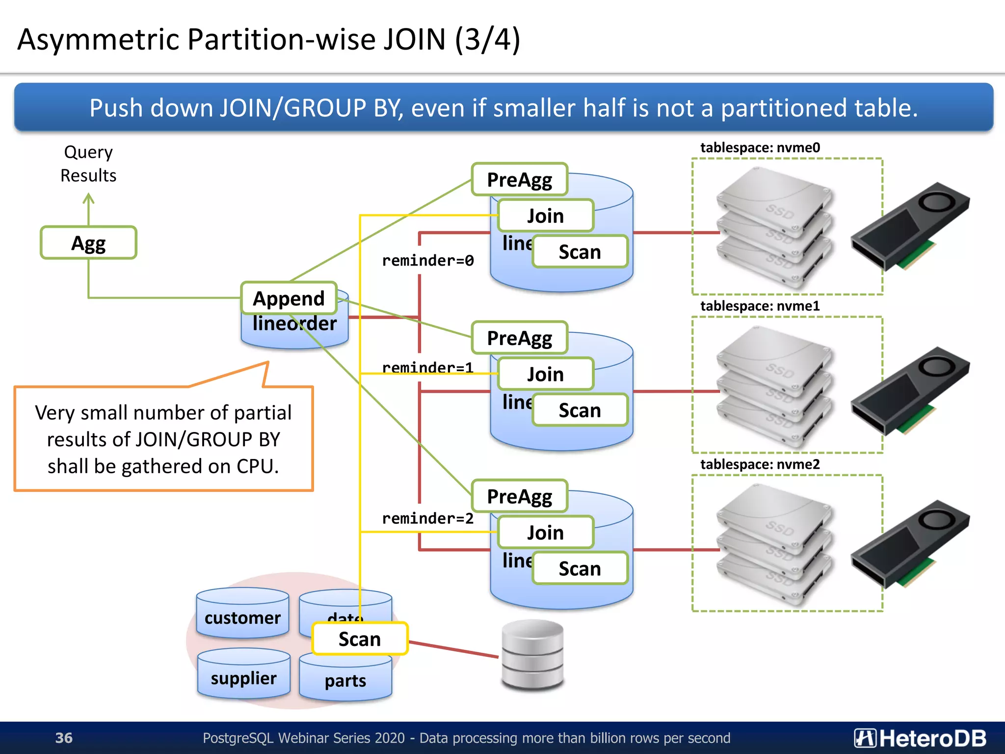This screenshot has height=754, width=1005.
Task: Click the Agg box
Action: (88, 242)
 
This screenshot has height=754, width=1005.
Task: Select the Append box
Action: (289, 298)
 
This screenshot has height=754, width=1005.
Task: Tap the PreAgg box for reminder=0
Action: (519, 180)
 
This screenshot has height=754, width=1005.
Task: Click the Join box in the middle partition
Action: (545, 374)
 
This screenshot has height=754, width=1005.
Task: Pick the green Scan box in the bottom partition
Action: (580, 568)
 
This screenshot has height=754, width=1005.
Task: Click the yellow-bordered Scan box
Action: (360, 639)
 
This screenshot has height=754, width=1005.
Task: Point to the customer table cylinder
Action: (242, 614)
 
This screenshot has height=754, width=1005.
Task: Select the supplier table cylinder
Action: (243, 675)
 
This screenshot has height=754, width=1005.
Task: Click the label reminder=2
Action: (427, 518)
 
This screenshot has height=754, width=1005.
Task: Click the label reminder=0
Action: (427, 261)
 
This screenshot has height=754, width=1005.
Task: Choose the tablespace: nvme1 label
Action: (760, 306)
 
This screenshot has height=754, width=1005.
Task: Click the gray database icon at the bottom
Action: (532, 655)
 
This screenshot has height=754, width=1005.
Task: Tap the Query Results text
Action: (88, 163)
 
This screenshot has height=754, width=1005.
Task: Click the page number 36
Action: (64, 738)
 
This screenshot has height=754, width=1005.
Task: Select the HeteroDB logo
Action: (920, 738)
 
